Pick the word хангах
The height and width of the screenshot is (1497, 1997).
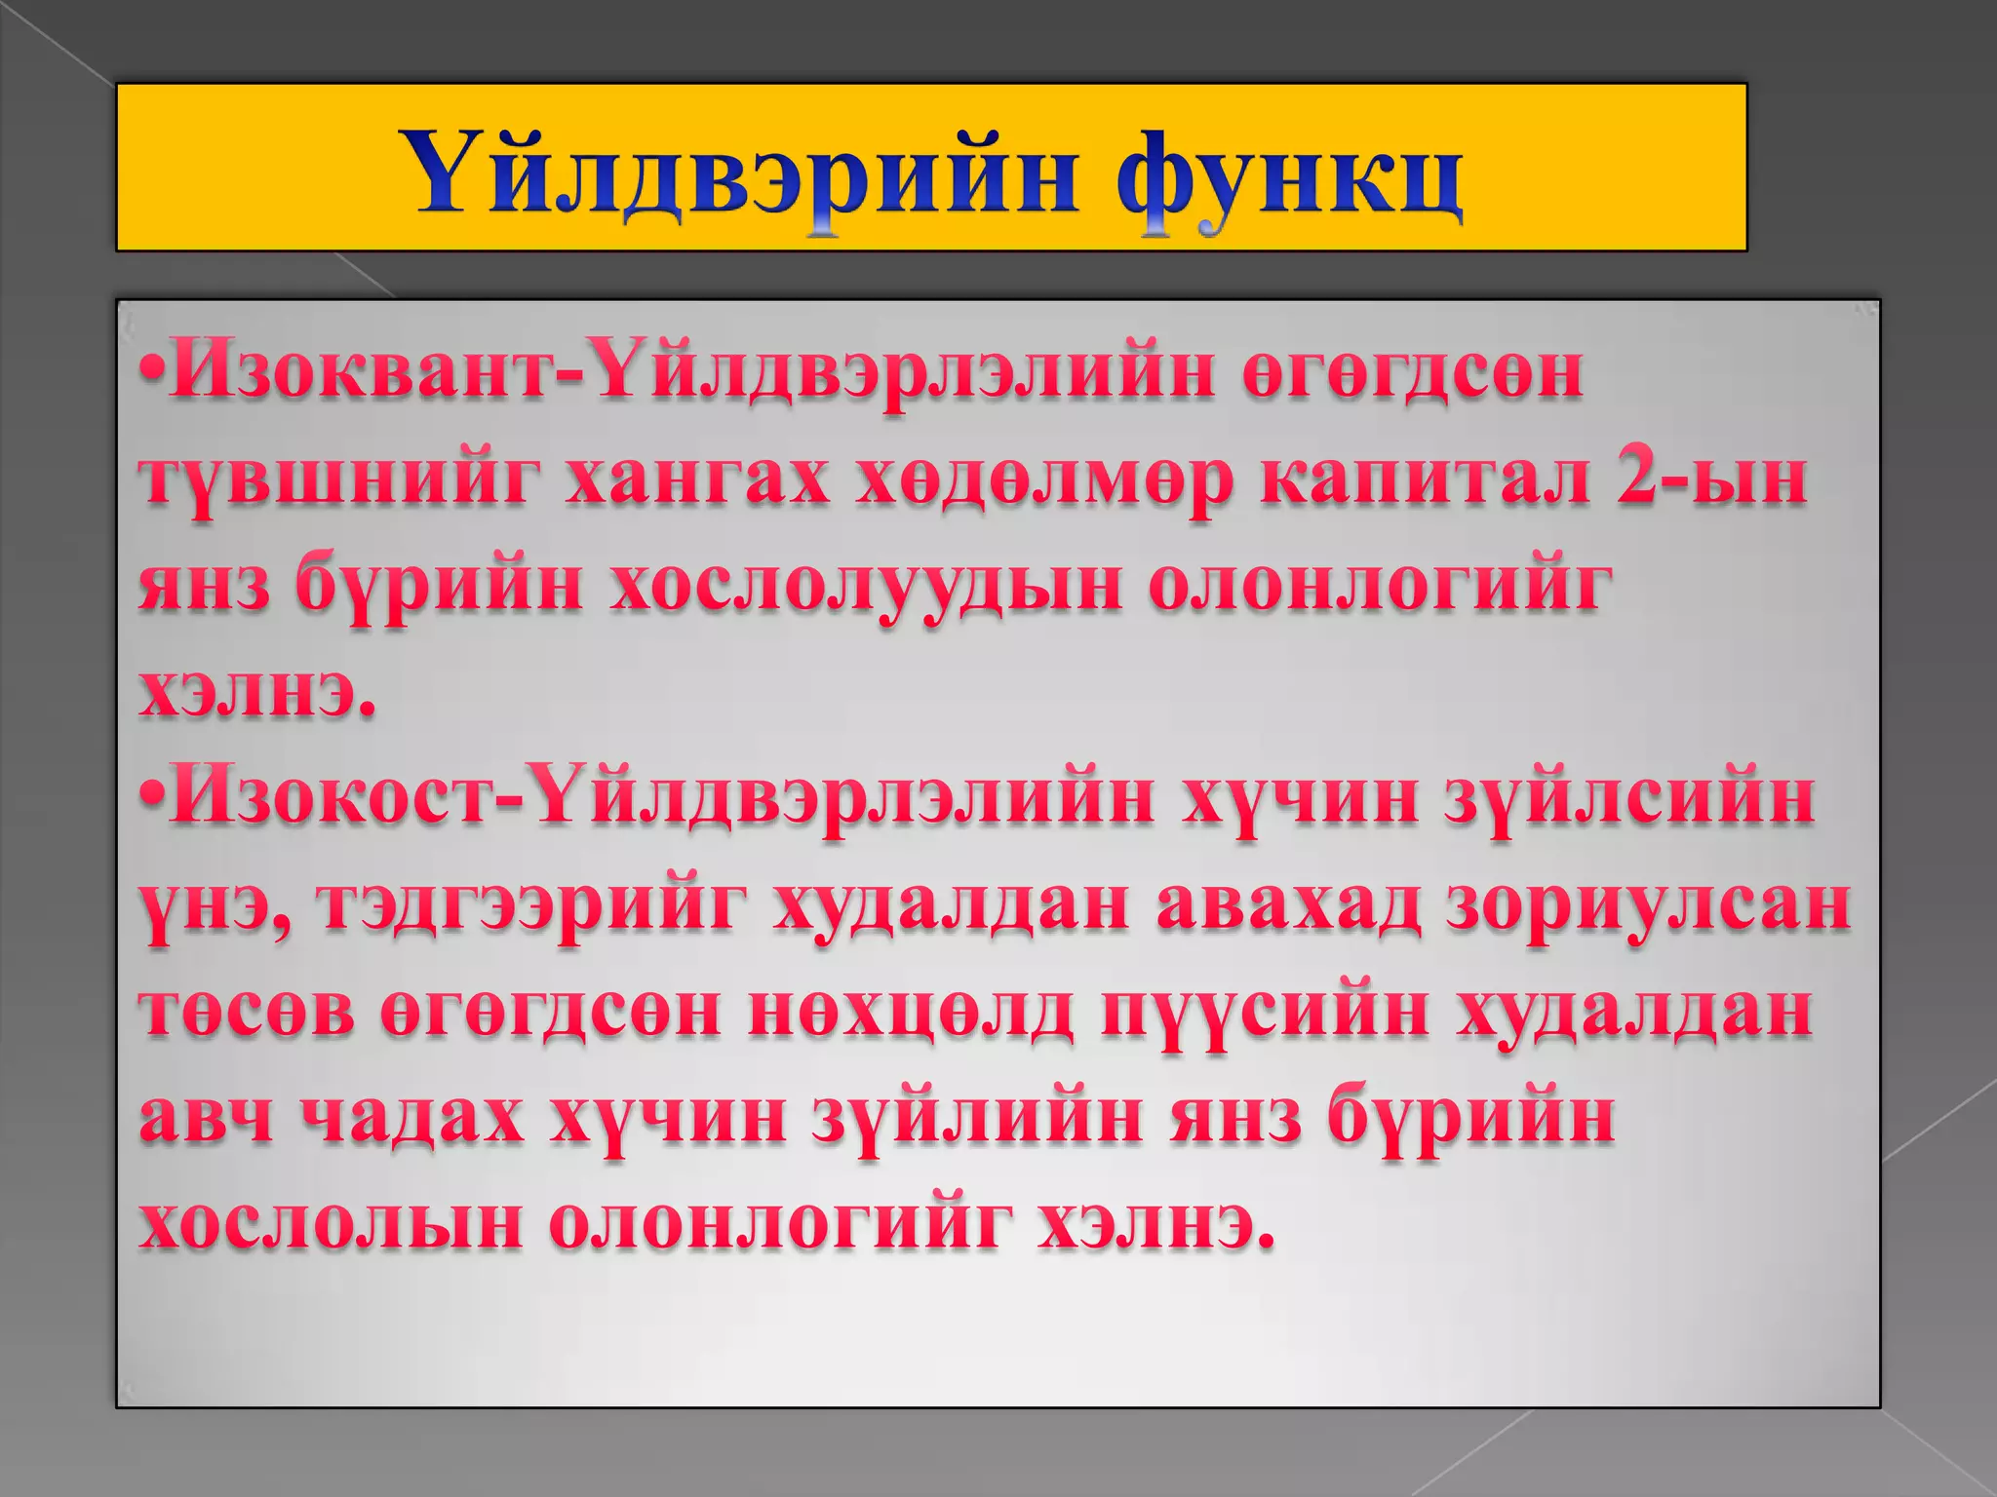pyautogui.click(x=697, y=480)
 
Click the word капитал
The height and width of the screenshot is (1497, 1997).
pyautogui.click(x=1423, y=480)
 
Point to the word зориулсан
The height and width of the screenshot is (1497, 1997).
pyautogui.click(x=1648, y=904)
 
